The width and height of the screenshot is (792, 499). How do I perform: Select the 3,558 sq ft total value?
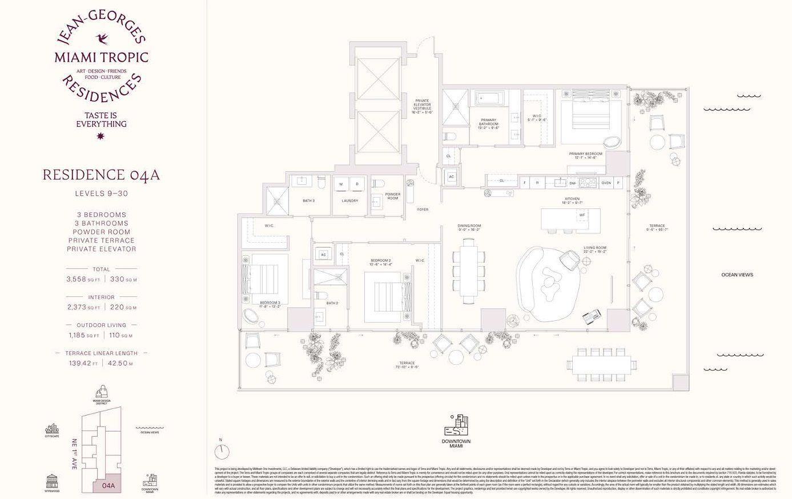pos(83,279)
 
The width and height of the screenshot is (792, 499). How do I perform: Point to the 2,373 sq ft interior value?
pos(83,307)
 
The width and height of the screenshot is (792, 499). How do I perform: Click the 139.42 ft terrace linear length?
pos(83,363)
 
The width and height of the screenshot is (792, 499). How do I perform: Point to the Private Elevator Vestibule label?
pos(422,107)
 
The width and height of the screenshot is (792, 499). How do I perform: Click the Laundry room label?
pos(349,201)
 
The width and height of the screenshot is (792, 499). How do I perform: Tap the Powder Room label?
pos(392,196)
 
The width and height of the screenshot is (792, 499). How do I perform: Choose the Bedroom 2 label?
pos(380,262)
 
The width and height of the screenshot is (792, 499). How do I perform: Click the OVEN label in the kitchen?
pos(606,183)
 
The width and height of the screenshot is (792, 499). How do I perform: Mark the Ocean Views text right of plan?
pos(737,275)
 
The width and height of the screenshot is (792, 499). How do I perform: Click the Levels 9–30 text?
pos(101,194)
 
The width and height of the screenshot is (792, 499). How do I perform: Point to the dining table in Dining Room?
pos(469,271)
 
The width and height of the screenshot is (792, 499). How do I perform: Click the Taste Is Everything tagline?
pos(101,119)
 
